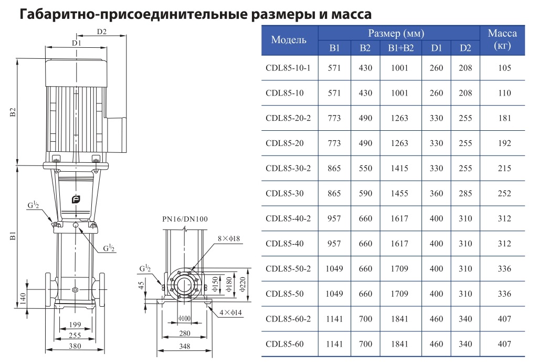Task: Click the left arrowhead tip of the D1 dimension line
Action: (x=46, y=48)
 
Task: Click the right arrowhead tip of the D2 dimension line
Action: (x=127, y=35)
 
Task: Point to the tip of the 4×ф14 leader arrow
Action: (x=207, y=306)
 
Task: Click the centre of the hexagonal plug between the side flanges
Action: (x=76, y=290)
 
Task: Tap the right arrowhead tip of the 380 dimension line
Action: (x=104, y=350)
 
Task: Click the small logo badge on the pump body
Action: (x=76, y=200)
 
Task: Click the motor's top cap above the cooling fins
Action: (x=76, y=72)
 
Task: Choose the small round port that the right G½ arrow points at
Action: (x=76, y=225)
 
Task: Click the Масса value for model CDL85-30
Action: (x=504, y=193)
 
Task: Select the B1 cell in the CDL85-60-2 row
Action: (x=334, y=319)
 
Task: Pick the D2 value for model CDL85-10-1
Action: (x=465, y=68)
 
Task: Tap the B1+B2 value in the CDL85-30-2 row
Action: (x=399, y=168)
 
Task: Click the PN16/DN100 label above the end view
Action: (x=185, y=219)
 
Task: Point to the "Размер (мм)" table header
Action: (x=396, y=33)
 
